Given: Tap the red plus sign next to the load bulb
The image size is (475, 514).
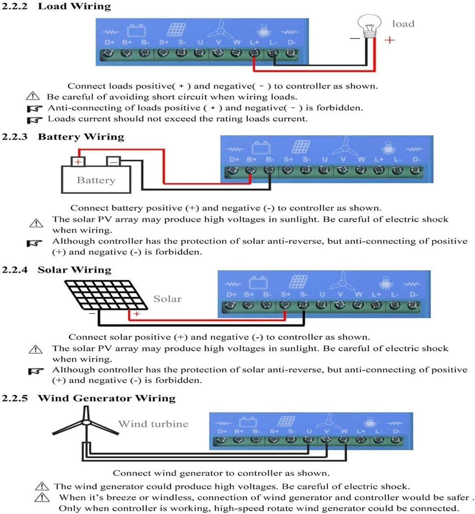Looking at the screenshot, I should [390, 40].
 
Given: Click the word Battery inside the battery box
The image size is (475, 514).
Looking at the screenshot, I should [96, 180].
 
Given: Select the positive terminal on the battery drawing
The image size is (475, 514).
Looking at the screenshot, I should [78, 162].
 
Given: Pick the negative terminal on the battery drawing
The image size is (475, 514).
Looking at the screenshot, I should [113, 161].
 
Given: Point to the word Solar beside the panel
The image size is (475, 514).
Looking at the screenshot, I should [167, 299].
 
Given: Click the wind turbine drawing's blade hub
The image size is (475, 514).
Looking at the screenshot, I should [86, 422].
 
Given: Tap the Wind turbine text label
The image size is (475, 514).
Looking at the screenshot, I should [153, 424].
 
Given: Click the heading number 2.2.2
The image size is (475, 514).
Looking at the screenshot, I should [14, 7].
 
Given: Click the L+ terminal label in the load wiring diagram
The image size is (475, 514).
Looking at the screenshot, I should [254, 42].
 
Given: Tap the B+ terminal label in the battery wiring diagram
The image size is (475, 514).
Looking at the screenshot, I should [252, 160].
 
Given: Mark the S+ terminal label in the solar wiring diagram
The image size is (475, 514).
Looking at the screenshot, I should [286, 294].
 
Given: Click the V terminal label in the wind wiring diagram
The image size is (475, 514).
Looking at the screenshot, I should [326, 431].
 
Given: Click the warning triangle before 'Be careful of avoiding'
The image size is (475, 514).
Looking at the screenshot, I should [33, 96].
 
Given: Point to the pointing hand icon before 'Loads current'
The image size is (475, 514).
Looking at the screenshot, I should [35, 120].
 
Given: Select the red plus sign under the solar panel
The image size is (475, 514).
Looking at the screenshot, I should [137, 314].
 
